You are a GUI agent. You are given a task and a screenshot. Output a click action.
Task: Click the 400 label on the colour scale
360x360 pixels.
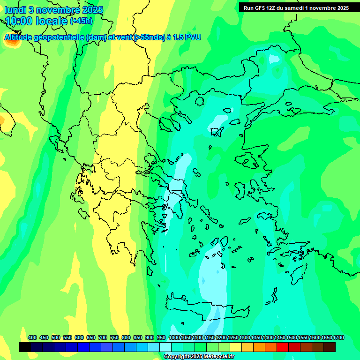point(32,337)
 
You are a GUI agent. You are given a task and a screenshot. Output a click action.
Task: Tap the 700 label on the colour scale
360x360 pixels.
point(103,337)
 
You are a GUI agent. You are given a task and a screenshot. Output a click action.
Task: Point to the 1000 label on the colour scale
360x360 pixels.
point(174,337)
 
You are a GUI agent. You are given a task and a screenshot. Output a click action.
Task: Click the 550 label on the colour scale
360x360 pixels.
point(67,337)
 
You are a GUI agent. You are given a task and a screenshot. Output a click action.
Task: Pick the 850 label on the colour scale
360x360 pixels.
point(138,337)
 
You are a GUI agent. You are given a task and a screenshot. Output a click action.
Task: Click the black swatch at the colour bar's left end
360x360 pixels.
point(25,347)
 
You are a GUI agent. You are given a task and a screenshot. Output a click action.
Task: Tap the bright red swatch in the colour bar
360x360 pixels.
point(283,347)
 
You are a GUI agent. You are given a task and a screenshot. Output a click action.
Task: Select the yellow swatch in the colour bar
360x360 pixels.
point(236,347)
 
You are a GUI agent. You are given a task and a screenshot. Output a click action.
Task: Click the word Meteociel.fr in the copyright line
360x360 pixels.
point(218,357)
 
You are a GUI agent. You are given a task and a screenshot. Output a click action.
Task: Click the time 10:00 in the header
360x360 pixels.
point(22,21)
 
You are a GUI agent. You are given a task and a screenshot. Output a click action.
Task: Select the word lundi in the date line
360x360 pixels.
point(15,9)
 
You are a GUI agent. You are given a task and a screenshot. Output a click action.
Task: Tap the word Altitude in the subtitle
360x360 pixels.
point(19,37)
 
